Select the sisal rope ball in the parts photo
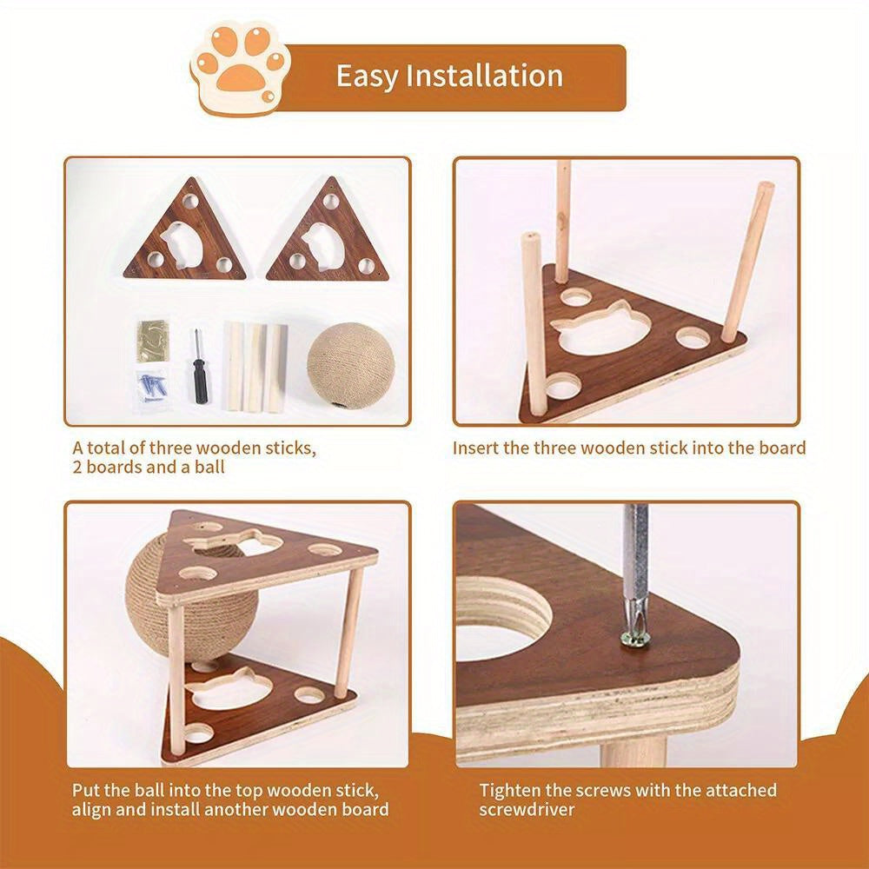341,365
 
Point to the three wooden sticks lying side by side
255,366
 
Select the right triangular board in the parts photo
332,238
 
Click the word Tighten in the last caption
514,790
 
